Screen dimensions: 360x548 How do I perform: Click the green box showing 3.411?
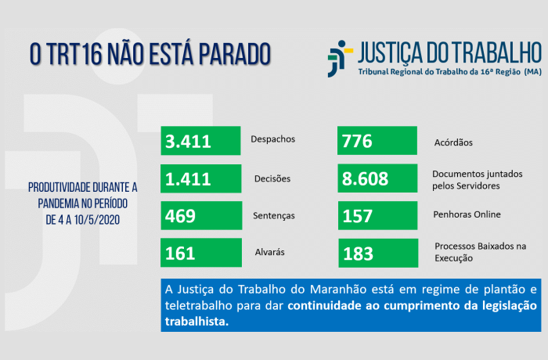[x=200, y=141]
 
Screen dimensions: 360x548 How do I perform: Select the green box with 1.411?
[x=200, y=178]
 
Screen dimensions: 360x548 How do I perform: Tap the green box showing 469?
[x=200, y=215]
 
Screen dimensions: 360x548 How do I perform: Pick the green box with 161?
[x=200, y=252]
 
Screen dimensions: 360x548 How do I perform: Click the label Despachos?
[x=272, y=139]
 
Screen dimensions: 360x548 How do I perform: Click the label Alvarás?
[x=269, y=252]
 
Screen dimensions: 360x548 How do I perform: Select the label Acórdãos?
[x=453, y=143]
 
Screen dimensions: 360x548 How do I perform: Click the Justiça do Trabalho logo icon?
[x=337, y=60]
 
